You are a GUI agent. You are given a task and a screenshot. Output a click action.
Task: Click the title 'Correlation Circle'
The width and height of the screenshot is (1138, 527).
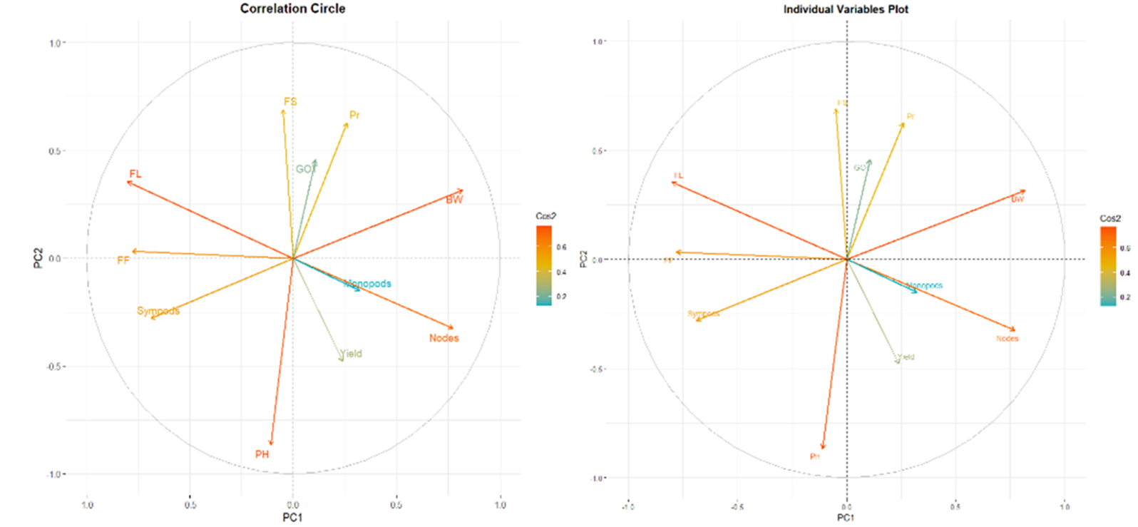tap(292, 9)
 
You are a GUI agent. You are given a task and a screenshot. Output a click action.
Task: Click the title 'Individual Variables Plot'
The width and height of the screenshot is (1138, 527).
tap(846, 9)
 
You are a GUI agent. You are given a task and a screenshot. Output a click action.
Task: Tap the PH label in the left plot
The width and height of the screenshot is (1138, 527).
tap(262, 454)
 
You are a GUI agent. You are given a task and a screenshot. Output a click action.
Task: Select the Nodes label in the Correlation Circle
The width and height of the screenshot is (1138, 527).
tap(444, 338)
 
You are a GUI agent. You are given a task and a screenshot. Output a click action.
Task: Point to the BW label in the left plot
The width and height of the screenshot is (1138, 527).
tap(454, 200)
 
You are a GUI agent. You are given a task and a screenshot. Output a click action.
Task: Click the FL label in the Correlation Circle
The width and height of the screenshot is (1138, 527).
tap(135, 174)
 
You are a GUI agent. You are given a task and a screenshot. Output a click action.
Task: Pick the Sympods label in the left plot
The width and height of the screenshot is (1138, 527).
tap(158, 311)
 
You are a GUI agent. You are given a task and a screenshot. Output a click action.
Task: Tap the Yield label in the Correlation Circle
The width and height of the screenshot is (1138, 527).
tap(352, 354)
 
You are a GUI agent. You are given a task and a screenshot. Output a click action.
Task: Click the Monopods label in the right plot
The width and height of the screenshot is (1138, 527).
tap(925, 285)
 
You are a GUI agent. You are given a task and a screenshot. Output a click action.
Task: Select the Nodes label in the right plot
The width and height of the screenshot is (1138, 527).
tap(1008, 339)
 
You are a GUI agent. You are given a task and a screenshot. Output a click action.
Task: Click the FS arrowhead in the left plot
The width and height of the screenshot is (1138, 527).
tap(283, 110)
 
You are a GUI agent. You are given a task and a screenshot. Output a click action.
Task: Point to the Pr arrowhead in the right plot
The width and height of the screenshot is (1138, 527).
tap(903, 125)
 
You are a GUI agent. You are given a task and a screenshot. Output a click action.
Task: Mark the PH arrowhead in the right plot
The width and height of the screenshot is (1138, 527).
tap(823, 447)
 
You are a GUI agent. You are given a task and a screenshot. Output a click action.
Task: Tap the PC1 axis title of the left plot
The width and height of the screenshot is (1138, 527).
tap(292, 517)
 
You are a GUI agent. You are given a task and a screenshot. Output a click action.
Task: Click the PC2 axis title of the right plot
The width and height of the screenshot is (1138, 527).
tap(584, 259)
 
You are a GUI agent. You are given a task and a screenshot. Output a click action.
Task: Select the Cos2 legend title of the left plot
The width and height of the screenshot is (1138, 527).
tap(545, 216)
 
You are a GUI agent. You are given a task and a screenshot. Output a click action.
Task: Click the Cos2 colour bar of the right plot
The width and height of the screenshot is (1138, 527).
tap(1108, 266)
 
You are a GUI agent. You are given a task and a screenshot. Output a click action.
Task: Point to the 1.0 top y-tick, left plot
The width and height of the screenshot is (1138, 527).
tap(55, 43)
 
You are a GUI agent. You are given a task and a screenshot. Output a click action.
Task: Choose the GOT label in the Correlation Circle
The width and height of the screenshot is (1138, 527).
tap(306, 169)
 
